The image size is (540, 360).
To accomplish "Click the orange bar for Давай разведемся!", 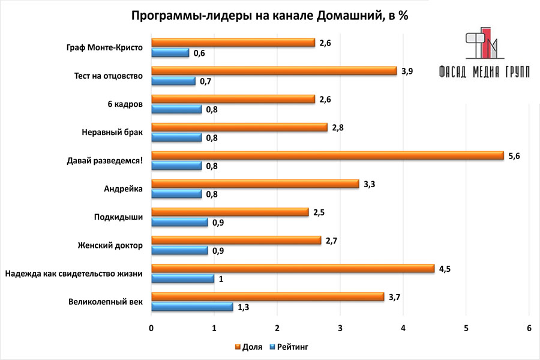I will tap(327, 155).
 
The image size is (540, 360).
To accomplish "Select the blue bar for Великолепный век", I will tap(192, 307).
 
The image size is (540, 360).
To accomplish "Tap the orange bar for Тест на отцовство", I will tap(274, 71).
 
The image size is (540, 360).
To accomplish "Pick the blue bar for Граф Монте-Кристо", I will tap(170, 53).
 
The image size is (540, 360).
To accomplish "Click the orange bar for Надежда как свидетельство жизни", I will tap(292, 268).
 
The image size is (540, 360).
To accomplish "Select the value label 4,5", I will tap(445, 269).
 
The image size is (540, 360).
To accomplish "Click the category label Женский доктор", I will tap(110, 245).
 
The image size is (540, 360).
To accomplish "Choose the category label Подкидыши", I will tap(118, 217).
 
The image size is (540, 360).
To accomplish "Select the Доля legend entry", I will tap(248, 347).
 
